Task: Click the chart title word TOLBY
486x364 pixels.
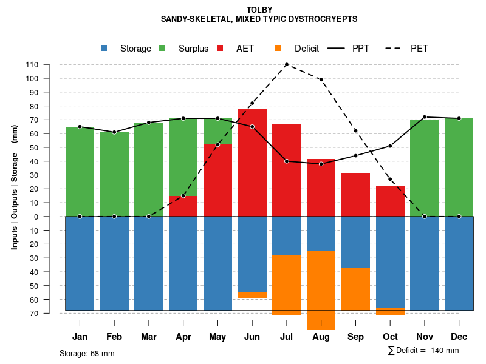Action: point(259,10)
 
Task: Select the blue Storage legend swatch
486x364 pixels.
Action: point(104,49)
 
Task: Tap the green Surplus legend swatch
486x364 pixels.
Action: point(163,49)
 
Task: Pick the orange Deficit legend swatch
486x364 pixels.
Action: point(279,49)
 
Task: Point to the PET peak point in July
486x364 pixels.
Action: point(286,64)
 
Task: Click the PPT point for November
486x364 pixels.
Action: point(425,117)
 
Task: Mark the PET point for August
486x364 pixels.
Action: point(321,79)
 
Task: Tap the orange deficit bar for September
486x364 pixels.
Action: point(355,289)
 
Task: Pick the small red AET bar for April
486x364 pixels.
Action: point(183,206)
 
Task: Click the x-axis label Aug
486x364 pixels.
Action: point(321,337)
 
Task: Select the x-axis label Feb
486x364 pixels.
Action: point(114,337)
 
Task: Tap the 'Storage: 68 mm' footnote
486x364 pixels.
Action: point(87,353)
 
